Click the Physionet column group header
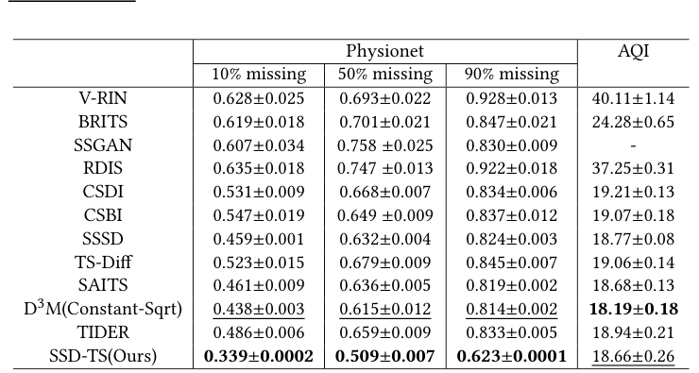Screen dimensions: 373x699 [x=384, y=52]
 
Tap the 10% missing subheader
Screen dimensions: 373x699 [x=258, y=75]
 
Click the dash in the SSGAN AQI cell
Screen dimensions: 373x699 [x=632, y=144]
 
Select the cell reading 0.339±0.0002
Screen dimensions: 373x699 [x=258, y=356]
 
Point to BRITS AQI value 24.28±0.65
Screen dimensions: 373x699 [x=632, y=121]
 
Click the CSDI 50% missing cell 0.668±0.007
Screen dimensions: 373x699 [x=384, y=192]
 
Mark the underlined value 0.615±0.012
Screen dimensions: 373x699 [x=384, y=309]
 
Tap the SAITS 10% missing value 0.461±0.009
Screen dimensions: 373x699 [x=258, y=285]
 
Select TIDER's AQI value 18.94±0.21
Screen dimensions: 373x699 [x=632, y=332]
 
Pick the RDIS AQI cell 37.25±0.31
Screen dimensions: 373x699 [x=632, y=168]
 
